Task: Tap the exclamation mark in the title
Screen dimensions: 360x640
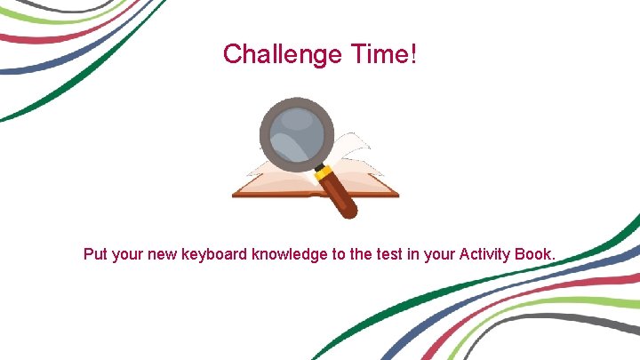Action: click(412, 54)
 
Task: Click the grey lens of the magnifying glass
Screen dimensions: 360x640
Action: click(296, 135)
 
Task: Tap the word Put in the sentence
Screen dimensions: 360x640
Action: click(95, 255)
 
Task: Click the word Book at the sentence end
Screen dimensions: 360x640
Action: click(538, 255)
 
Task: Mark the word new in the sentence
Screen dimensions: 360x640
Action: click(163, 255)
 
